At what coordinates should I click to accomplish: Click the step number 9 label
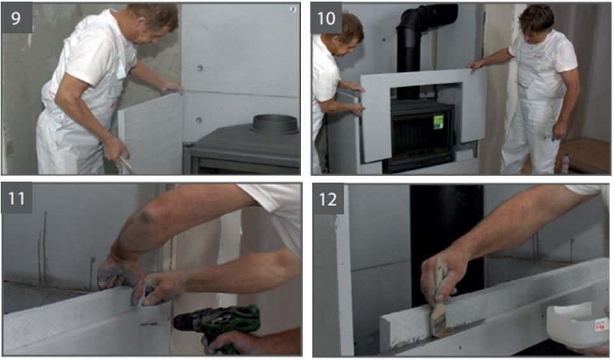pyautogui.click(x=17, y=18)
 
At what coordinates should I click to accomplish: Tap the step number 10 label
pyautogui.click(x=326, y=18)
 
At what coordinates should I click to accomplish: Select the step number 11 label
pyautogui.click(x=17, y=198)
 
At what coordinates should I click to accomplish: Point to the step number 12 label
pyautogui.click(x=328, y=199)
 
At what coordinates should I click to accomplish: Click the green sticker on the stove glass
pyautogui.click(x=438, y=122)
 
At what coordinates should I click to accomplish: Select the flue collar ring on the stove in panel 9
pyautogui.click(x=276, y=125)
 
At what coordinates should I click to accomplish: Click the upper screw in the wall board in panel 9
pyautogui.click(x=200, y=68)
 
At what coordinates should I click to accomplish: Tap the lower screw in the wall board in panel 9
pyautogui.click(x=200, y=120)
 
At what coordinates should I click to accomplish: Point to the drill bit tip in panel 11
pyautogui.click(x=141, y=324)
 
